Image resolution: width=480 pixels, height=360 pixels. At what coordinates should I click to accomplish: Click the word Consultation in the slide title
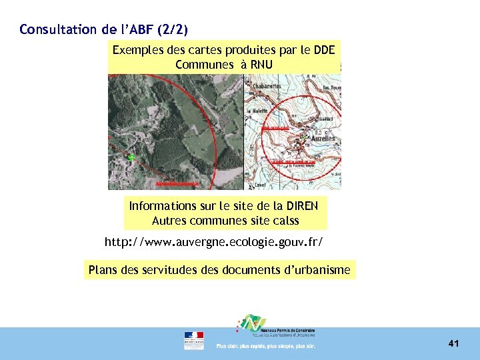(50, 29)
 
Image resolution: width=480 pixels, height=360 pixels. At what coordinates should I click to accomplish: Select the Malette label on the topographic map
(260, 112)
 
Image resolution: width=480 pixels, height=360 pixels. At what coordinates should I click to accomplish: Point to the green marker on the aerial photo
(131, 157)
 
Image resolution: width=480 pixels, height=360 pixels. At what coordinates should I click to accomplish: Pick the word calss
(283, 220)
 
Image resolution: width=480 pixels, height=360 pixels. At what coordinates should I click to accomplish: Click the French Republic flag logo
(194, 340)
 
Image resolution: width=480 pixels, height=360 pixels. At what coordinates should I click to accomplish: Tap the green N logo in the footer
(252, 324)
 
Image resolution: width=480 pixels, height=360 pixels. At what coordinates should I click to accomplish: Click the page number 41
(454, 343)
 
